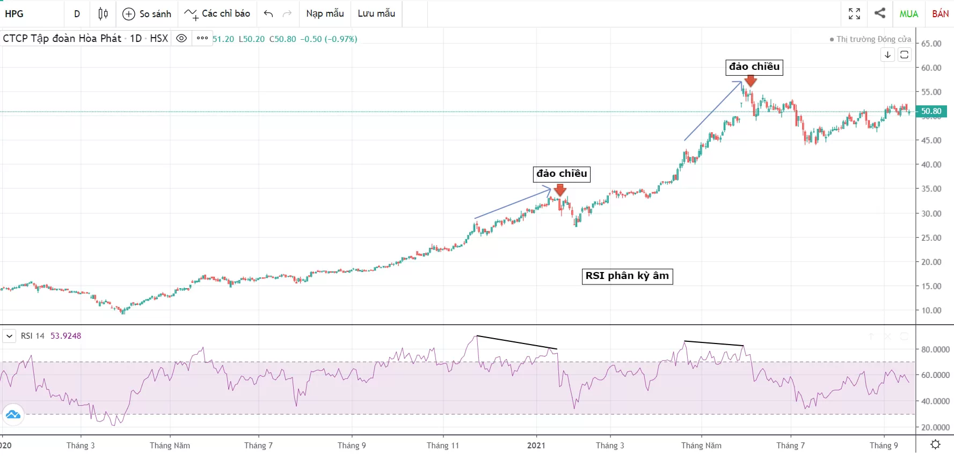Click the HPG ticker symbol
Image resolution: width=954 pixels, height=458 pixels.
tap(14, 14)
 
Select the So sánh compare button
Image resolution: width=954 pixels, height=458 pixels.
tap(147, 14)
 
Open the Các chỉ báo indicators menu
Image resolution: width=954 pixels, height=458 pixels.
tap(217, 14)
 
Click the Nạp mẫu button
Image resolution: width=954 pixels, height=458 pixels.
tap(325, 13)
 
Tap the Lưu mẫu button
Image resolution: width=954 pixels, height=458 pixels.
tap(376, 13)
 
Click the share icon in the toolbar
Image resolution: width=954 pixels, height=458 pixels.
tap(879, 13)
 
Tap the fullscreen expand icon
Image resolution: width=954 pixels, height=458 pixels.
tap(854, 13)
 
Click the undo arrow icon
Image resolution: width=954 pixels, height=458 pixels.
tap(268, 14)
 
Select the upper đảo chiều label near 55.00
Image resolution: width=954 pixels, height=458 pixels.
tap(754, 67)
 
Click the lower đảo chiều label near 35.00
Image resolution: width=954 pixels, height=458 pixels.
tap(562, 174)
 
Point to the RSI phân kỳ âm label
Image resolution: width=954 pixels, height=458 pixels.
tap(627, 276)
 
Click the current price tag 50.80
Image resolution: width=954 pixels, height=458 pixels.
tap(931, 111)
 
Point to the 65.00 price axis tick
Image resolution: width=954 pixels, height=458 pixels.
tap(931, 44)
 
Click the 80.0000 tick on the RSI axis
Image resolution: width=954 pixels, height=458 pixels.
tap(935, 349)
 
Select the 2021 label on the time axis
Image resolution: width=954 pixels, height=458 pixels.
tap(536, 445)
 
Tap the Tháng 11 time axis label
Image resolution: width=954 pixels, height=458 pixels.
tap(442, 445)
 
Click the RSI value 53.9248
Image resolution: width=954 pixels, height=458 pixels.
tap(65, 336)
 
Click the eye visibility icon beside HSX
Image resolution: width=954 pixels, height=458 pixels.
tap(181, 38)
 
